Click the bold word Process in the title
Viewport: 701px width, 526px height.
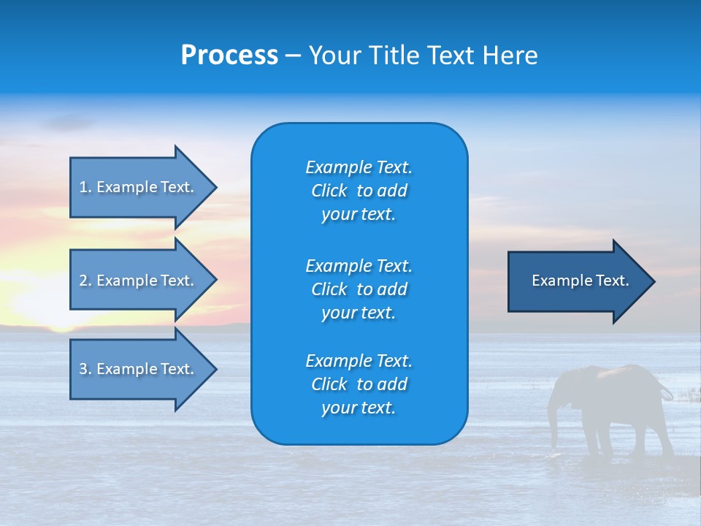[x=229, y=56]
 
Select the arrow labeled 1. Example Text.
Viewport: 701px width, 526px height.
[x=139, y=187]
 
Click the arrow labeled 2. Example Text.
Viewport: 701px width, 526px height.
[x=139, y=281]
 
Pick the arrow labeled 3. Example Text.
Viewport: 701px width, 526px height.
[x=139, y=369]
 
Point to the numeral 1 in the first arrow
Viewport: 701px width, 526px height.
[x=83, y=187]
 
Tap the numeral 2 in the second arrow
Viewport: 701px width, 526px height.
[x=83, y=281]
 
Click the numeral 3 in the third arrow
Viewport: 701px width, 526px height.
[x=83, y=369]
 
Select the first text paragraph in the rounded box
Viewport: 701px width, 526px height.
[x=359, y=191]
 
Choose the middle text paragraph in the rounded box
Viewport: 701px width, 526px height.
[x=359, y=289]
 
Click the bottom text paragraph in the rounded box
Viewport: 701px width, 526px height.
[x=359, y=384]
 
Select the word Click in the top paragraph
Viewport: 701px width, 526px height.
[x=329, y=191]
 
